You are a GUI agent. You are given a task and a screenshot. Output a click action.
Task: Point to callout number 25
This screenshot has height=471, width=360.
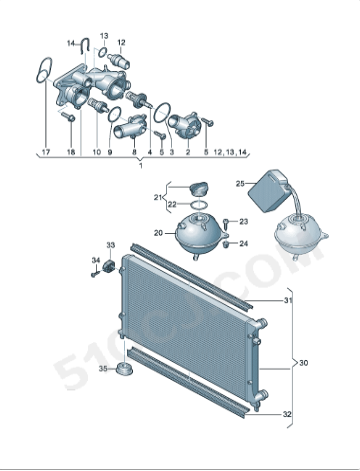240,183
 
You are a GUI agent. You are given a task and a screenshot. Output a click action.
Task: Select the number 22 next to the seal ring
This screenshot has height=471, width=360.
172,205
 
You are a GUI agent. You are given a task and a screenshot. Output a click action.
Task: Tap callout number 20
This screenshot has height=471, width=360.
157,233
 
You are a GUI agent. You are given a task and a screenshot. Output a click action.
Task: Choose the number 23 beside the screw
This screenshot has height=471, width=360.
244,221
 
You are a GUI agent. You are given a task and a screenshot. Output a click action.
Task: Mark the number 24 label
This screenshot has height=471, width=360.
244,243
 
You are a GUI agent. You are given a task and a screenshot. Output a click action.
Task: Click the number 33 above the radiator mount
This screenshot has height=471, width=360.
111,245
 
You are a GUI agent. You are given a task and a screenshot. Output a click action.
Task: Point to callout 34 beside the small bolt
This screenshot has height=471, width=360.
96,261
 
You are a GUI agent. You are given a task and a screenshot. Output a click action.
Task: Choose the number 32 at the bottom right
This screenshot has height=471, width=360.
287,414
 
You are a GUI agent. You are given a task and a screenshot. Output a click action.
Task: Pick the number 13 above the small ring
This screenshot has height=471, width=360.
104,35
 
